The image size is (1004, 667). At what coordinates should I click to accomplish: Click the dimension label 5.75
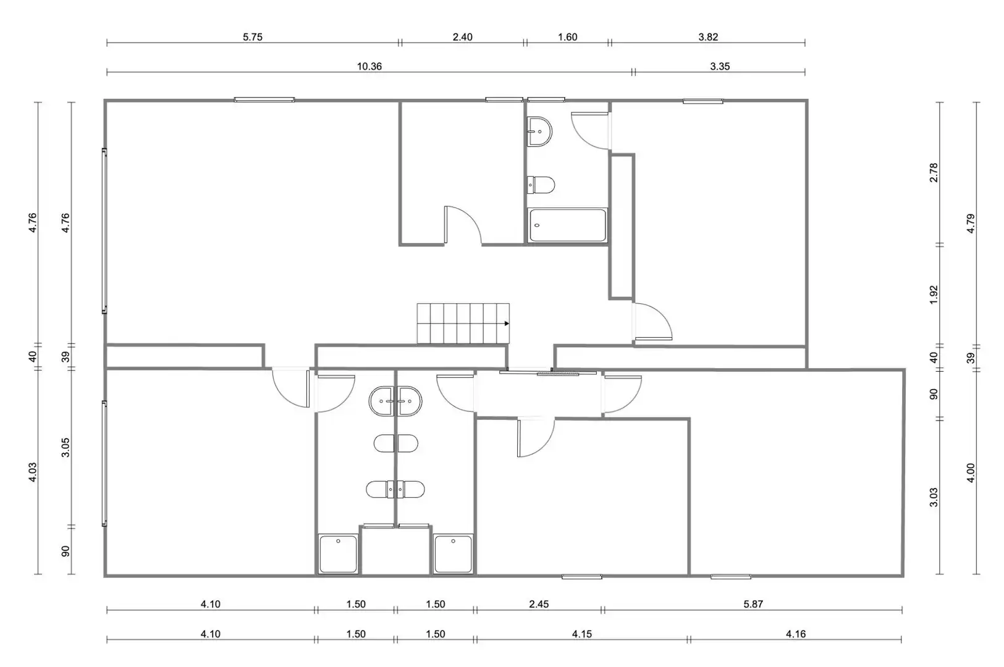coord(252,37)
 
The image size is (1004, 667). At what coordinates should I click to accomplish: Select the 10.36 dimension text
coord(369,67)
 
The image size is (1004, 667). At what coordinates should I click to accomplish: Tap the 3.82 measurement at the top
coord(707,37)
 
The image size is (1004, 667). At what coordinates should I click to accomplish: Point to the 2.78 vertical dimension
coord(933,172)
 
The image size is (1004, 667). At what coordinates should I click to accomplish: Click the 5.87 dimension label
coord(753,604)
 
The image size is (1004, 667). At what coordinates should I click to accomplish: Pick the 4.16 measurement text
coord(796,634)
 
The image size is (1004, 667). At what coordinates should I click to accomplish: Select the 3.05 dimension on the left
coord(65,447)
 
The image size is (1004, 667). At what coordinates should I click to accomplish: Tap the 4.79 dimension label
coord(971,224)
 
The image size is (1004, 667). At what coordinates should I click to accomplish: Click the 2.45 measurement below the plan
coord(538,604)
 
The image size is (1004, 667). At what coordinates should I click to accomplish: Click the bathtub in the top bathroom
coord(567,225)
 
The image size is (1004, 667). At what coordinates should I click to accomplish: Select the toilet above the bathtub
coord(541,185)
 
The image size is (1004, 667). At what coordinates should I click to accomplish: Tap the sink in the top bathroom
coord(539,132)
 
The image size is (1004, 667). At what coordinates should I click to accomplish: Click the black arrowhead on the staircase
coord(507,324)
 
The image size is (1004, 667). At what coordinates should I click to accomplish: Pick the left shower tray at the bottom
coord(338,553)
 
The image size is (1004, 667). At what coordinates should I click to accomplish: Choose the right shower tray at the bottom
coord(453,553)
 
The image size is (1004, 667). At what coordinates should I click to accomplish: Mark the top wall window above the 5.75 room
coord(264,100)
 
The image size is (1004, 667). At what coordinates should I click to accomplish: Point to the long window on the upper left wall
coord(104,231)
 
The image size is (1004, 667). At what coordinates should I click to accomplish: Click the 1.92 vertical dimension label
coord(933,295)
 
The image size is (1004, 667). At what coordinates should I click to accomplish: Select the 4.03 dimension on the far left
coord(32,472)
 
